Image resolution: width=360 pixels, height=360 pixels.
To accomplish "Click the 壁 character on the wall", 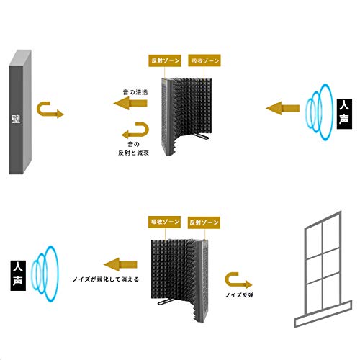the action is tap(16, 120).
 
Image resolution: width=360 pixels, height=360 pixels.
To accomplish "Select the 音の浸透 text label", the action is tap(135, 92).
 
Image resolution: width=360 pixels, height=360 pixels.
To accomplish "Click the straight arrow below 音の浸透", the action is tap(130, 104).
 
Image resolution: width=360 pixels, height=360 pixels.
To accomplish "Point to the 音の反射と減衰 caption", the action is tap(134, 148).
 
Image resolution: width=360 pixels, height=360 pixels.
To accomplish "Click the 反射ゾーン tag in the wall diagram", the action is tap(165, 60).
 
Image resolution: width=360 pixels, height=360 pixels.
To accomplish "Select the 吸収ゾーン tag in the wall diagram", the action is tap(204, 60).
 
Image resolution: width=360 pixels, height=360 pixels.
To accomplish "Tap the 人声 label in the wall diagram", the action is tap(344, 114).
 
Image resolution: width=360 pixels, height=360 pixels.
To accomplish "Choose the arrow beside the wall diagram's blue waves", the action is tap(282, 108).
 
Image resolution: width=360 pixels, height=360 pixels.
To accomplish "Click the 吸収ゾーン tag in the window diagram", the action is tap(164, 222).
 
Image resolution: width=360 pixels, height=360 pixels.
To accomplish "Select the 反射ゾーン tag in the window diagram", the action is tap(204, 222).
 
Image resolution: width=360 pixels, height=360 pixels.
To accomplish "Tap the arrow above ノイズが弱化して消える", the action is tap(120, 265).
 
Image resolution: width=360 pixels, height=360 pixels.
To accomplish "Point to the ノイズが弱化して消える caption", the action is tap(106, 279).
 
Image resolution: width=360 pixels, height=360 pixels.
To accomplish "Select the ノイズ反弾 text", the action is tap(239, 295).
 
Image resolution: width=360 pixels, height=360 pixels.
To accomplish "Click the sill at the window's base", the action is tap(323, 314).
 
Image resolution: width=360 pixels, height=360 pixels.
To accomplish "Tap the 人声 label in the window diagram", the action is tap(18, 276).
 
